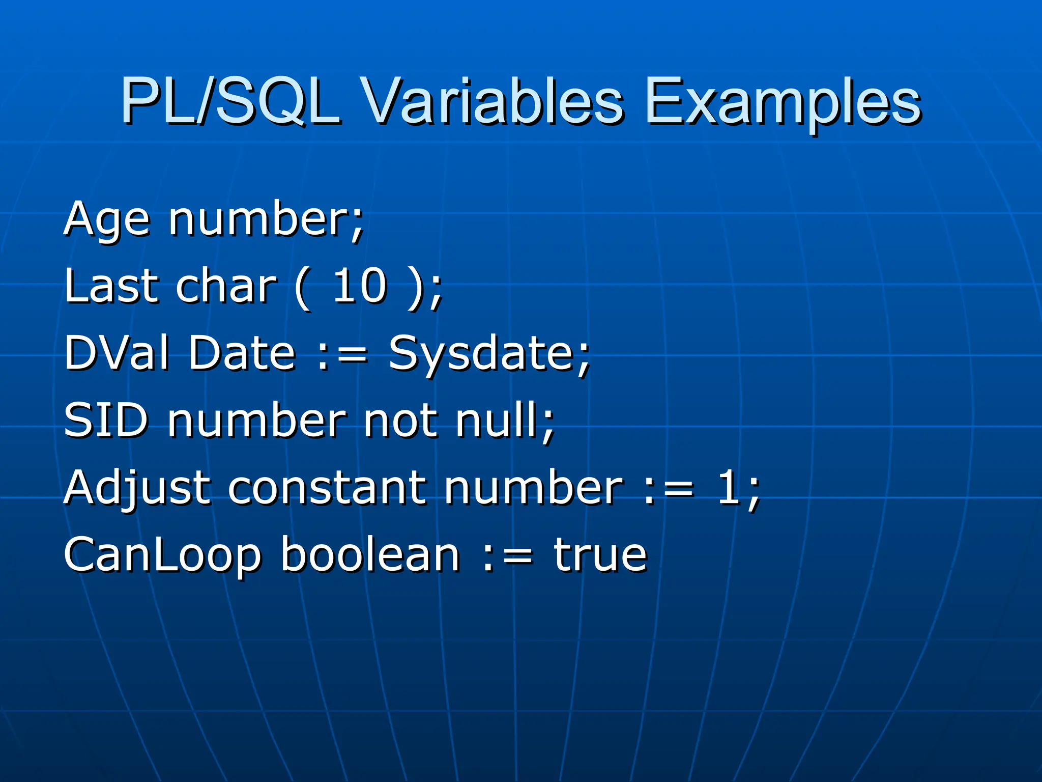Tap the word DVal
tap(117, 352)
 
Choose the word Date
tap(242, 352)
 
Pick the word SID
tap(106, 420)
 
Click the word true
tap(600, 555)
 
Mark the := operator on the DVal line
tap(342, 353)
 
